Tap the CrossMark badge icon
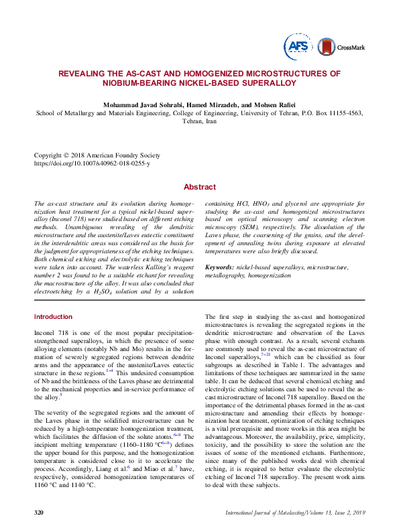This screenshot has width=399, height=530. (x=325, y=46)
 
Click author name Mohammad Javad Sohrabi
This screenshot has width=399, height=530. (x=138, y=105)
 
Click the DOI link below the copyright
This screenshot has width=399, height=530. (x=92, y=163)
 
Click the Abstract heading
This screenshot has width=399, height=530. (x=200, y=187)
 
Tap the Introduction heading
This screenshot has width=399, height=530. (x=53, y=316)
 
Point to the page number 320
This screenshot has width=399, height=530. (x=39, y=513)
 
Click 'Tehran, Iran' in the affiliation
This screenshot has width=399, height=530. (x=199, y=122)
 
